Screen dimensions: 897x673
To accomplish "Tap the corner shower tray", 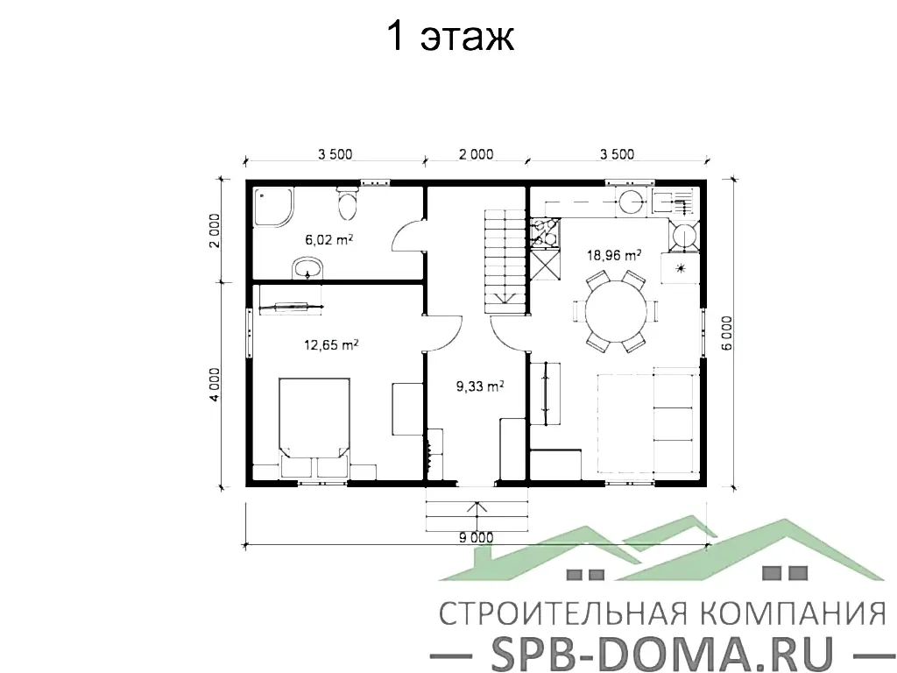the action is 273,207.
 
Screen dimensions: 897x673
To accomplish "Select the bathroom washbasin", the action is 307,268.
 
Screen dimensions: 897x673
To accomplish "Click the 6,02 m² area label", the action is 329,240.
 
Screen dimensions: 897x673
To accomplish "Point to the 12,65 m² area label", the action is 331,345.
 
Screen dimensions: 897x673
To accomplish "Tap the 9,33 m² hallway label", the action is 480,386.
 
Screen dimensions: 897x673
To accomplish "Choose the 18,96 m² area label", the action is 614,255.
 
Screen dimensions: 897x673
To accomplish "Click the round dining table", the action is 616,311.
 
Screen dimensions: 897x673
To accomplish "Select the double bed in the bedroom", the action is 314,427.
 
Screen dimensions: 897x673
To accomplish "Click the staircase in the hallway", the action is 505,261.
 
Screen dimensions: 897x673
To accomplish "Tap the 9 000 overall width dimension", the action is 476,537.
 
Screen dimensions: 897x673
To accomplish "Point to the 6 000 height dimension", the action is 727,333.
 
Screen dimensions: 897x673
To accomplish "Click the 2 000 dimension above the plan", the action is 476,154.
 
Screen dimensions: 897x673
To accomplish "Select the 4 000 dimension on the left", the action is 214,384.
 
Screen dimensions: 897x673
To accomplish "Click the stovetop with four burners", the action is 544,233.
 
